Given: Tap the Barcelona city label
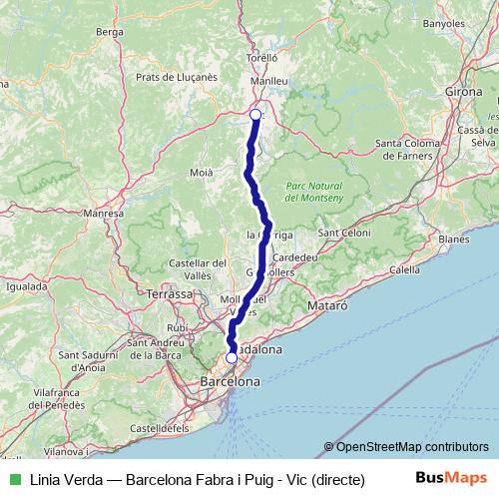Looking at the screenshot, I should pos(231,381).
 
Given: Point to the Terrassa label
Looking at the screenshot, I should pos(169,294).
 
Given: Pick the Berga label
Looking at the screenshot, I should pos(108,32).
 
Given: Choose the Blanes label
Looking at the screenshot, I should pos(453,240).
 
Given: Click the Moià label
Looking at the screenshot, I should pos(202,173).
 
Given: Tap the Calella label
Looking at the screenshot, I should pos(404,269).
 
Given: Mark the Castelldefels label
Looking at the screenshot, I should pos(161,427).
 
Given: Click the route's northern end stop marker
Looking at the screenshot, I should pos(255,115).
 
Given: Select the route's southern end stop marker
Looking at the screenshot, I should pos(232,357).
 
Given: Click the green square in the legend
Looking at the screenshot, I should pos(14,478).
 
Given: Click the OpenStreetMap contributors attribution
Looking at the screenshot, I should pos(412,448).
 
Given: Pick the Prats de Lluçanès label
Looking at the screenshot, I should pos(176,77).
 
